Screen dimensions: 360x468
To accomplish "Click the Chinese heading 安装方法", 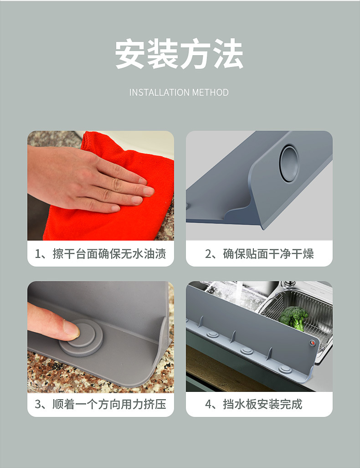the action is click(x=179, y=54).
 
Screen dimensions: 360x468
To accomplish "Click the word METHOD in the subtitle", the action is click(x=211, y=93).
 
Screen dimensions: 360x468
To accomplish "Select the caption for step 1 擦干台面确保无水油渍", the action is click(x=109, y=254).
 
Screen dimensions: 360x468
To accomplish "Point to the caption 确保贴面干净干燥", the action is click(x=268, y=254).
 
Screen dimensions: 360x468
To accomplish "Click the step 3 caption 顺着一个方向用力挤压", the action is click(x=109, y=404).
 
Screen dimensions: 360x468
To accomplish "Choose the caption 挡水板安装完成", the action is click(x=262, y=404).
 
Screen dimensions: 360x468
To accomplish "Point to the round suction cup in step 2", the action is click(x=289, y=164).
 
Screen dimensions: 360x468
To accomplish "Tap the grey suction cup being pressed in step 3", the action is click(x=81, y=337).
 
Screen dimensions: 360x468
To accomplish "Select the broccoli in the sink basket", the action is click(x=293, y=318).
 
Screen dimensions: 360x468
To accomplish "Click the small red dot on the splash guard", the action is click(x=312, y=343).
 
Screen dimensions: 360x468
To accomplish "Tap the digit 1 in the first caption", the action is click(x=38, y=254).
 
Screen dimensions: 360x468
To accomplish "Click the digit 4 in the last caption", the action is click(x=208, y=404).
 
